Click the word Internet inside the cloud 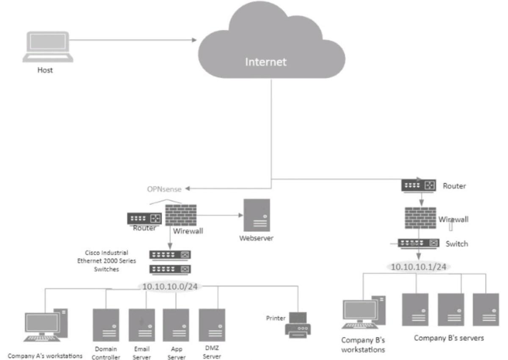[266, 62]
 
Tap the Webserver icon [256, 215]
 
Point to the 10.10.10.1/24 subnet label [418, 267]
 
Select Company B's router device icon [419, 185]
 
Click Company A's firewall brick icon [180, 215]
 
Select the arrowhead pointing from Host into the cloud [194, 40]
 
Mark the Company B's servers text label [448, 338]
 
